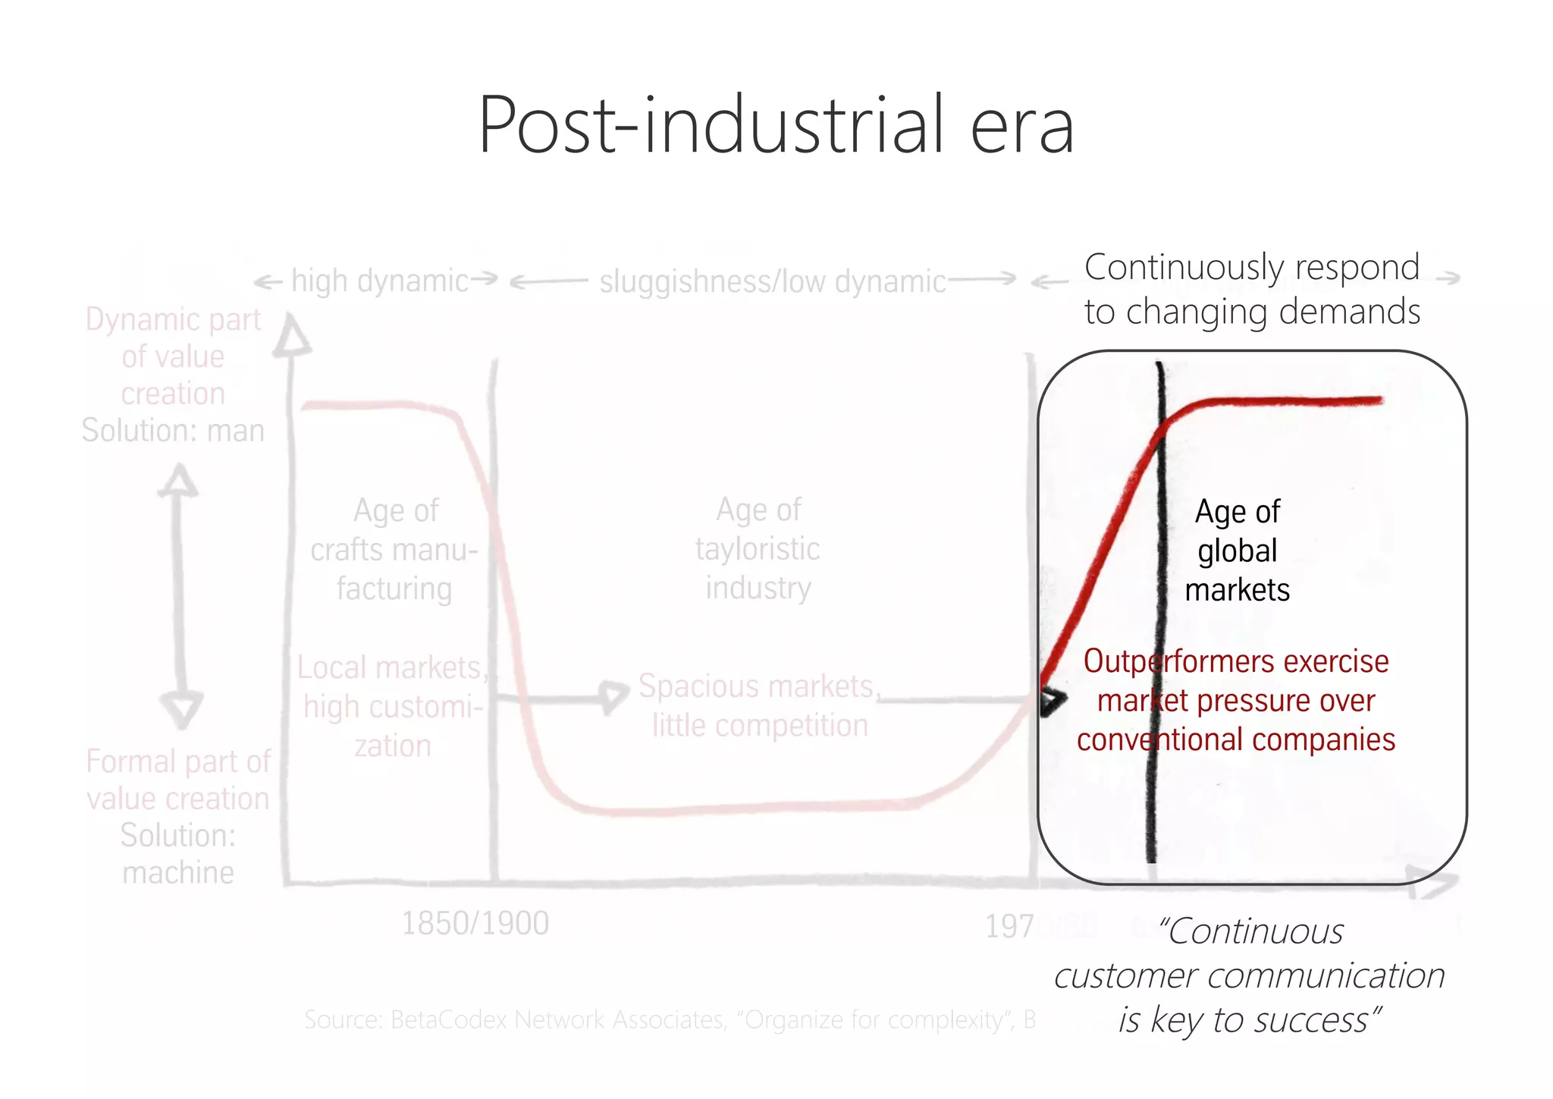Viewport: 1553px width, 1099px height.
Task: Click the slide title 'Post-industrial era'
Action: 776,125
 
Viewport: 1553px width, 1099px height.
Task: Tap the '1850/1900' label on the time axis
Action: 475,923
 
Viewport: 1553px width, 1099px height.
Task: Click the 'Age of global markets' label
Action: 1237,551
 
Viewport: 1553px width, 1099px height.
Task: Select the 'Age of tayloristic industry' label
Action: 758,548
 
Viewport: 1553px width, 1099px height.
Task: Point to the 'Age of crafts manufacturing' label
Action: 394,550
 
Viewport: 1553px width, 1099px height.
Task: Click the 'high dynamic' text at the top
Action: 379,281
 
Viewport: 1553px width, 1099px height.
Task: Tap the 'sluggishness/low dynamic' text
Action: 772,282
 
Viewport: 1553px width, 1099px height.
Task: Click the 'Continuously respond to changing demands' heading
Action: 1252,289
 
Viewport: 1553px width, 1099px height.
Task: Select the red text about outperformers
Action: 1236,700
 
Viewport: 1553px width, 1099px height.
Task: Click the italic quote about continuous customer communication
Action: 1250,975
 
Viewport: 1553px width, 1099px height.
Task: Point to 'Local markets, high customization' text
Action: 391,706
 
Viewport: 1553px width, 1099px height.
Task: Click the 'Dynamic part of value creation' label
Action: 173,356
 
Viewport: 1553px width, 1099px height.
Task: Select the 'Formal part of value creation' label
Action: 178,780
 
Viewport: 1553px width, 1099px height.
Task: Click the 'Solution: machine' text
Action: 178,854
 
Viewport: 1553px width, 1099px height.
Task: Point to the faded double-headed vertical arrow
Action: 180,595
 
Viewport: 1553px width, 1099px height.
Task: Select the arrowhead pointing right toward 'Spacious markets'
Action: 613,696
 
